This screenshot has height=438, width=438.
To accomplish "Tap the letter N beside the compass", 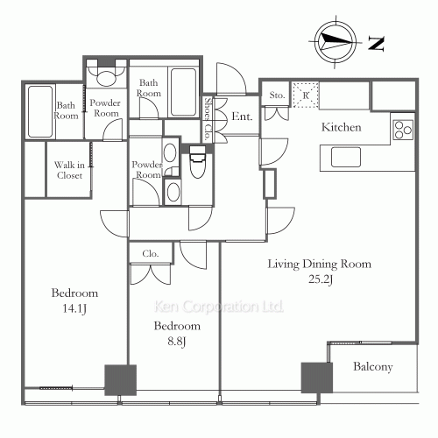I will [x=374, y=41].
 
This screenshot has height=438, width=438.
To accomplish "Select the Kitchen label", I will [x=342, y=128].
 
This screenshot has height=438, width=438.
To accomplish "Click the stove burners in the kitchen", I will [x=403, y=130].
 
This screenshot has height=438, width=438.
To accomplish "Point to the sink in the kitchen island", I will [x=344, y=157].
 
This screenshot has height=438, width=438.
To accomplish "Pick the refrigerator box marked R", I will [x=306, y=94].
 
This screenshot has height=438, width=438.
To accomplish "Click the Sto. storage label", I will [x=277, y=94].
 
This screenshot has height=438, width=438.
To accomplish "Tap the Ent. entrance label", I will [x=243, y=117].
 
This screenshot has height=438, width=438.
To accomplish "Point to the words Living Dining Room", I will [x=318, y=264].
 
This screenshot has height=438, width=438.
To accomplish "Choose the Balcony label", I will [x=373, y=367].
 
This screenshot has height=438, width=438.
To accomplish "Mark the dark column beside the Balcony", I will [x=316, y=378].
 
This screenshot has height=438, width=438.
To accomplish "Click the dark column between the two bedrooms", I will [x=120, y=379].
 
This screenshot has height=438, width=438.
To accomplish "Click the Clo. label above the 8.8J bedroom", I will [x=149, y=255].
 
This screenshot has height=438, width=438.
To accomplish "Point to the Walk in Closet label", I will [x=68, y=170].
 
